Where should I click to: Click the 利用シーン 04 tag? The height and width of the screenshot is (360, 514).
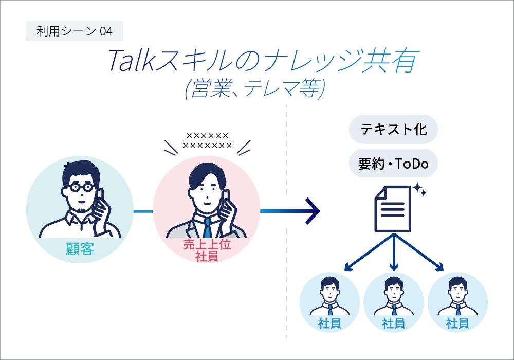pos(74,31)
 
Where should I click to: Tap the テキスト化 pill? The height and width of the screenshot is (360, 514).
pos(393,129)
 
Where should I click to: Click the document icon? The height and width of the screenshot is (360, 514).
pos(394,209)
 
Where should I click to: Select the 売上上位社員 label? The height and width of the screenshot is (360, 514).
pos(207,250)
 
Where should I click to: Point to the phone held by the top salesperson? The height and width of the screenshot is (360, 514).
pos(225,198)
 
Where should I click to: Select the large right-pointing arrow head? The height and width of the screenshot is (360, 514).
pos(313,211)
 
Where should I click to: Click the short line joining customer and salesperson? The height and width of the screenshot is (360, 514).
pos(143,211)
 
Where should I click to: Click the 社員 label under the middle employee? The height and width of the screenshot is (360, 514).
pos(393,323)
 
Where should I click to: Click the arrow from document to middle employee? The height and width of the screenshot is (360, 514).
pos(394,252)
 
